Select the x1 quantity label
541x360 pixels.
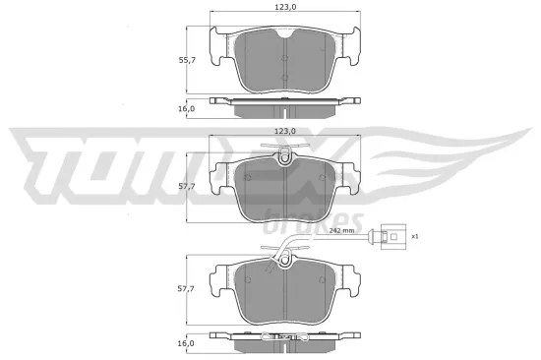pyautogui.click(x=414, y=236)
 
